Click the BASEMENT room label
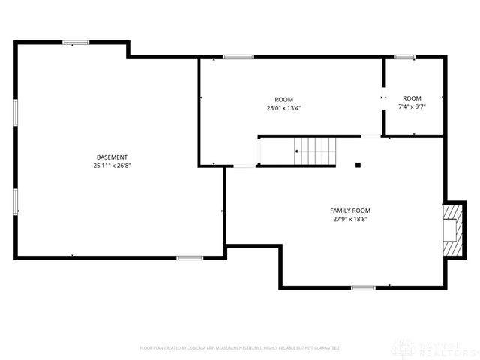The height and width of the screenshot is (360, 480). (112, 157)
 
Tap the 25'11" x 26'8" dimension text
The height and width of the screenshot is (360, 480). (112, 165)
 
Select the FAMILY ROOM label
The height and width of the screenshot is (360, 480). (350, 211)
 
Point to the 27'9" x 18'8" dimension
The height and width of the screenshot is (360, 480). (350, 219)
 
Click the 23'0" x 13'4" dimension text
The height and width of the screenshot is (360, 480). (283, 108)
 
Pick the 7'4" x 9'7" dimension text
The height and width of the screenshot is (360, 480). (412, 107)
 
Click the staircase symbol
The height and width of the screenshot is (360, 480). (315, 151)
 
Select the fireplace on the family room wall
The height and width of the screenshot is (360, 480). (451, 228)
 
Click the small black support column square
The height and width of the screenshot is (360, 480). (358, 165)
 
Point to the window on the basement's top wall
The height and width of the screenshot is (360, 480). (76, 42)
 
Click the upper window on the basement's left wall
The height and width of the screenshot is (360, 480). (15, 113)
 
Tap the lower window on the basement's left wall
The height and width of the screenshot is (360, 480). (15, 201)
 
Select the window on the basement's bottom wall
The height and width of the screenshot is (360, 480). (190, 258)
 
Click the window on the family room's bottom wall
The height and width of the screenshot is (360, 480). (363, 287)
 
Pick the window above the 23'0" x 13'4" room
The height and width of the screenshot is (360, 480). (238, 57)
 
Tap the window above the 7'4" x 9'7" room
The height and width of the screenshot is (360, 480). (405, 57)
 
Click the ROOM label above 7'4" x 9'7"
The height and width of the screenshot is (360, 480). (412, 99)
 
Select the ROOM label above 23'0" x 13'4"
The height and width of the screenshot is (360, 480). (283, 100)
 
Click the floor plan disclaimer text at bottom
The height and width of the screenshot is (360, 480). (240, 348)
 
